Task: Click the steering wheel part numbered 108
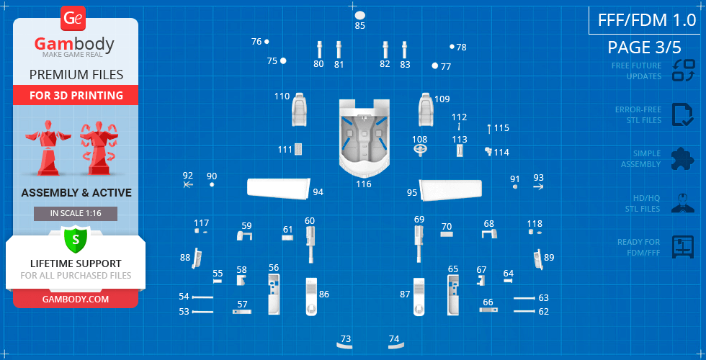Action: (x=421, y=150)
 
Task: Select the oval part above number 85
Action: (x=359, y=15)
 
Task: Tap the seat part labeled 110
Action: (x=299, y=109)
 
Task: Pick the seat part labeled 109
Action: (x=426, y=109)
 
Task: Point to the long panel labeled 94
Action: (x=279, y=187)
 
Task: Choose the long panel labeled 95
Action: (x=450, y=189)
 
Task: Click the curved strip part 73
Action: (x=345, y=346)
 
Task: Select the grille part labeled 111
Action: (x=298, y=150)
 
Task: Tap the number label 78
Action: (x=462, y=48)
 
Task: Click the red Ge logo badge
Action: (x=73, y=19)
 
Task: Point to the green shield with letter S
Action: (x=76, y=239)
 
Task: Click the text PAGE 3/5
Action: (x=644, y=48)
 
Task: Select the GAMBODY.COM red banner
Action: (x=76, y=300)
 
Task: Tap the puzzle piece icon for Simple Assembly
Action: (x=683, y=159)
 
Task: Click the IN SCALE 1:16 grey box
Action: (x=76, y=214)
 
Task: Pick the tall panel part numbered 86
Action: (x=311, y=297)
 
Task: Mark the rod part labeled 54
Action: (x=202, y=297)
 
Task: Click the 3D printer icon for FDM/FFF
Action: (x=683, y=246)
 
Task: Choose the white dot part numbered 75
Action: (x=283, y=60)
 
